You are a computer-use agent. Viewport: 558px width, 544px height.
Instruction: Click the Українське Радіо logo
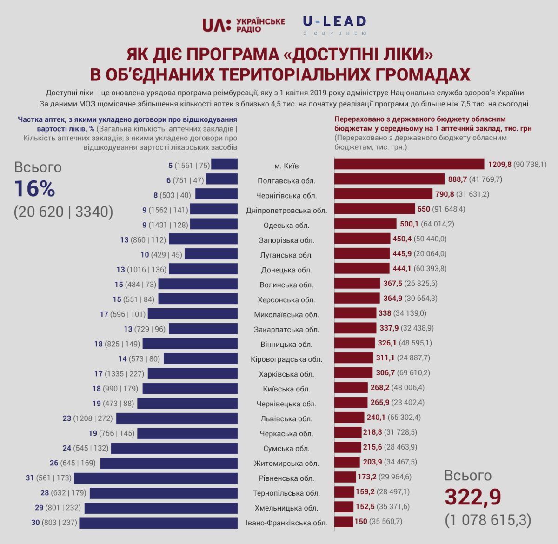pos(243,25)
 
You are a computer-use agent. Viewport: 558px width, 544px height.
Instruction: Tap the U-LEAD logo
pos(335,25)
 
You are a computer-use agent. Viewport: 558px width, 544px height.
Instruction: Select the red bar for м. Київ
pos(409,164)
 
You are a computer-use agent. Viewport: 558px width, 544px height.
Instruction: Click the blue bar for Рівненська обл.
pos(156,478)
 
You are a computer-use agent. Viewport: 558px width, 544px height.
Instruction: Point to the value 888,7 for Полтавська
pos(459,179)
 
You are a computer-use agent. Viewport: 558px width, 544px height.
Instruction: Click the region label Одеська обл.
pos(286,225)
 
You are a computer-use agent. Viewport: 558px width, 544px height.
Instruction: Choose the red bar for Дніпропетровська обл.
pos(374,209)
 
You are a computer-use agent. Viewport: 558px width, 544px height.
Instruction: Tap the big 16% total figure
pos(34,189)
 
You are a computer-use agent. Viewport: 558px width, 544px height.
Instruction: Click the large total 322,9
pos(473,497)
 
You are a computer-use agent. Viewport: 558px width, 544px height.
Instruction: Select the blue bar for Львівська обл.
pos(177,418)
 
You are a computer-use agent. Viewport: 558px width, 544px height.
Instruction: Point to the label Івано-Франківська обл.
pos(286,523)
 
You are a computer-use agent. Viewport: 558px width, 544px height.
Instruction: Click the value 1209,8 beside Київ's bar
pos(499,164)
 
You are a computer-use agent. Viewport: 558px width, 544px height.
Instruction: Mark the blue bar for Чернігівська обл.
pos(216,194)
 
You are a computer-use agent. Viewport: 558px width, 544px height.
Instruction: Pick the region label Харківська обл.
pos(286,374)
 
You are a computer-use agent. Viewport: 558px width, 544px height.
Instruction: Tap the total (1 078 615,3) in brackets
pos(488,519)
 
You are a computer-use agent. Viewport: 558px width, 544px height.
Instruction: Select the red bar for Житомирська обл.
pos(347,462)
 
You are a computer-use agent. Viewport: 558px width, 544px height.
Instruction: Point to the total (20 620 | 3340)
pos(63,212)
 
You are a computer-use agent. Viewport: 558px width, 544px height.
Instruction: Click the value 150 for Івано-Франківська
pos(360,521)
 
